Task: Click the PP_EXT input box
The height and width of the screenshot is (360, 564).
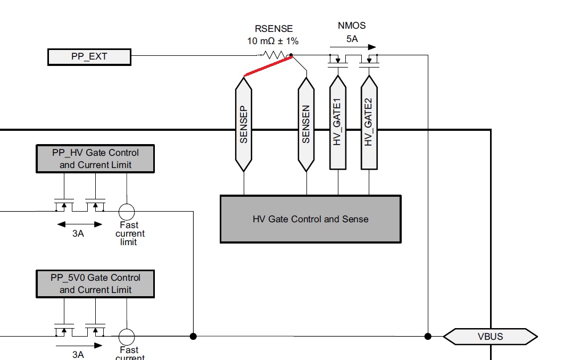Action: click(x=89, y=56)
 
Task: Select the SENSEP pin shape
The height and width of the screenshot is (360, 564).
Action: click(x=244, y=124)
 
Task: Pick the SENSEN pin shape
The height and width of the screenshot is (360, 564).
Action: click(x=306, y=124)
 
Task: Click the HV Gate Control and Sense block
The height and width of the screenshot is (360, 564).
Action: click(x=310, y=219)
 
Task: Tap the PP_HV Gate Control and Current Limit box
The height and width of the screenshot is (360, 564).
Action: click(x=95, y=158)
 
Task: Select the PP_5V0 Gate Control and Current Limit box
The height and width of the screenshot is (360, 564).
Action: click(x=95, y=283)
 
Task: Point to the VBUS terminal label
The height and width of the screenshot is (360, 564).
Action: click(x=490, y=336)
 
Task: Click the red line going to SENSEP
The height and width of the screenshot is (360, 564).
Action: click(x=268, y=67)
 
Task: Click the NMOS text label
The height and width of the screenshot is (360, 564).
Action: click(x=352, y=26)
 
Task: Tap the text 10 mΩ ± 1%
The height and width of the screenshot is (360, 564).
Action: click(x=272, y=40)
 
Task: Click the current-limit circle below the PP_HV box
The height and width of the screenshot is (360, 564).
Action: click(x=127, y=212)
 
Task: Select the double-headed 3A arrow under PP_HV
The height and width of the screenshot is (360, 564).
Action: click(x=78, y=224)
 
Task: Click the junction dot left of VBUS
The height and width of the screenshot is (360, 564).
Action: click(x=428, y=336)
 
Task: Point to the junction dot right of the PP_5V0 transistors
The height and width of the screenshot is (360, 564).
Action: click(x=193, y=336)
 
